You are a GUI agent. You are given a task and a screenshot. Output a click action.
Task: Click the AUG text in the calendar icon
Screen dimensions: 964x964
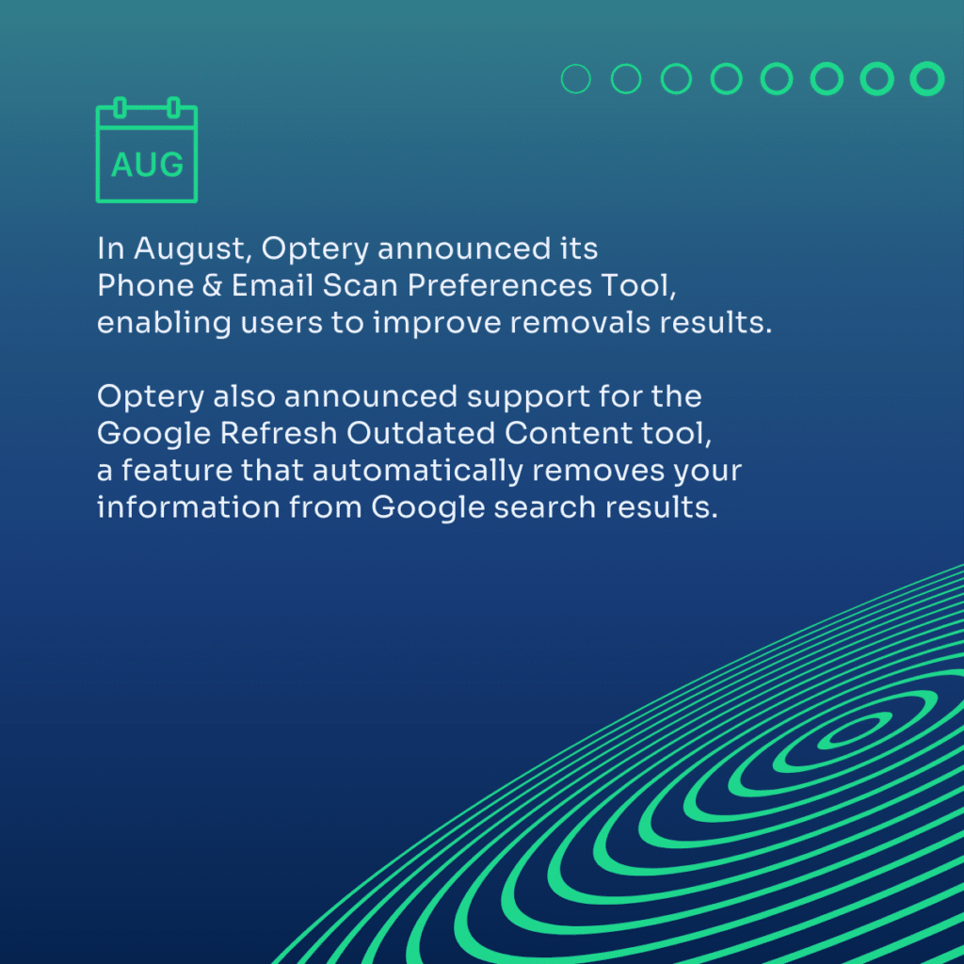147,165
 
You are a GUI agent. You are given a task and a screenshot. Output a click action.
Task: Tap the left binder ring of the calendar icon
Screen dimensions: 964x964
120,107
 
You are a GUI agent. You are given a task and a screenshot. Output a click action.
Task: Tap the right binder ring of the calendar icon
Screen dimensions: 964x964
174,107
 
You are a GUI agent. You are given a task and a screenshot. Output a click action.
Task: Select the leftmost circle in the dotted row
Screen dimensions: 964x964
576,79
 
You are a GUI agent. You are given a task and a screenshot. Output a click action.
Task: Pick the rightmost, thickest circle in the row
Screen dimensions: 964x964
927,79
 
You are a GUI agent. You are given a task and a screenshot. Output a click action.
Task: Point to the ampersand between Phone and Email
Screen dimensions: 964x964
212,286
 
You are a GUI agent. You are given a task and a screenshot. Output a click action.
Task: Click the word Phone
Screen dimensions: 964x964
146,286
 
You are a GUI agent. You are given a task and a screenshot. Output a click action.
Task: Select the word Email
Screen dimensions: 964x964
272,286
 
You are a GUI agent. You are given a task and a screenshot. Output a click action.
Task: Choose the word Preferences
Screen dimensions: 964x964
499,286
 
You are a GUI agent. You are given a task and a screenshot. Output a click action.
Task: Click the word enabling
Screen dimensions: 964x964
164,324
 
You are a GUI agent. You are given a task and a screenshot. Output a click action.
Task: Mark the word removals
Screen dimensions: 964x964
580,323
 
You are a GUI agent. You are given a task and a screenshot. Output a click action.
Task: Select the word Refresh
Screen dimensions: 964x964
279,433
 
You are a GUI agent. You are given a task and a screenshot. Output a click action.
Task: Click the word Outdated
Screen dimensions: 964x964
421,433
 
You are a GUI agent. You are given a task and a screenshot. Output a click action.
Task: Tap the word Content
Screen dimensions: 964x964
569,433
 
